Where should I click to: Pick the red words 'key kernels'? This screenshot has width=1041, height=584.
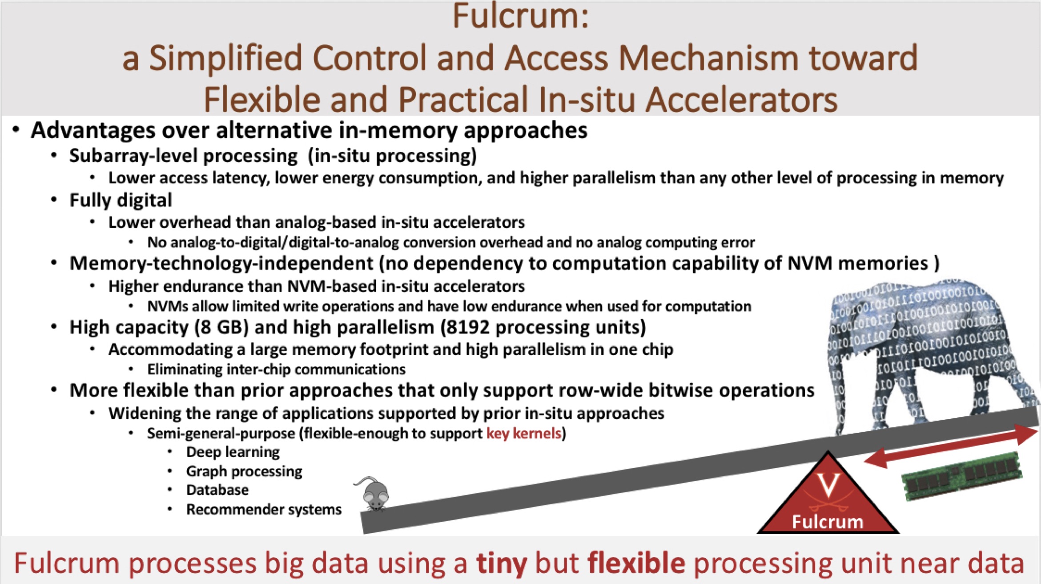[524, 433]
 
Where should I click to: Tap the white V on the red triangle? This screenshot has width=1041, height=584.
[828, 485]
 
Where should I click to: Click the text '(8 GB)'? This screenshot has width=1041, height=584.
[221, 328]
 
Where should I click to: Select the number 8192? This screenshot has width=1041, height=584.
[467, 328]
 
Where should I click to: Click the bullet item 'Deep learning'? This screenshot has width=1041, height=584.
[233, 452]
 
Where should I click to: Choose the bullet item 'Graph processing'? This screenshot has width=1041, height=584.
[244, 471]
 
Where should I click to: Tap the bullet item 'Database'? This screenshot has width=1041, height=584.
[217, 490]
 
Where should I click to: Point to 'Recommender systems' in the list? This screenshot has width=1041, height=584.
[264, 509]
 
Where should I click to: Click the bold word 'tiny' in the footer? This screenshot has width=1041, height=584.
[502, 564]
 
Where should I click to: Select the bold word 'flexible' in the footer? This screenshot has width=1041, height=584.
[636, 563]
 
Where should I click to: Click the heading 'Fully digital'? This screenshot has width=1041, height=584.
[121, 200]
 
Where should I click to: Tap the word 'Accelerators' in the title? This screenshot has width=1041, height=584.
[741, 100]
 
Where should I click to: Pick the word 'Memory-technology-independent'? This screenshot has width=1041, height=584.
[221, 264]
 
